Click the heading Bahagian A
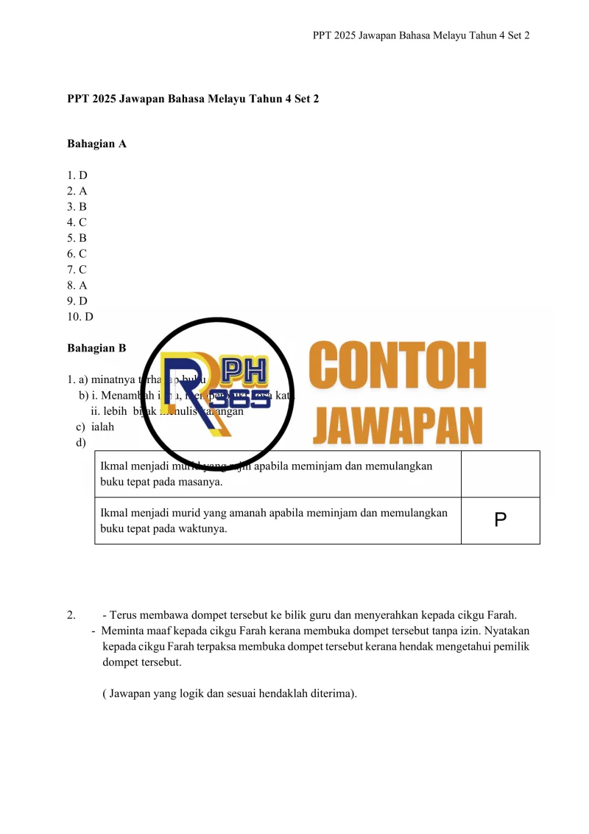[x=96, y=144]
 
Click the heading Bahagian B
[x=96, y=348]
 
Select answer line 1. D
[x=77, y=175]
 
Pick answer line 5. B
[x=77, y=238]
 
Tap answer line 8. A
[x=77, y=285]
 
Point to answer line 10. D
[x=80, y=317]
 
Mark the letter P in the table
[x=500, y=520]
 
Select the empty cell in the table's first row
[x=500, y=474]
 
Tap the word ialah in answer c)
[x=102, y=427]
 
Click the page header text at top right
[x=421, y=35]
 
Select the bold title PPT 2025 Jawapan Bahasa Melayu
[x=193, y=98]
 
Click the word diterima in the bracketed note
[x=325, y=693]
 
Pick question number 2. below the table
[x=71, y=614]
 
